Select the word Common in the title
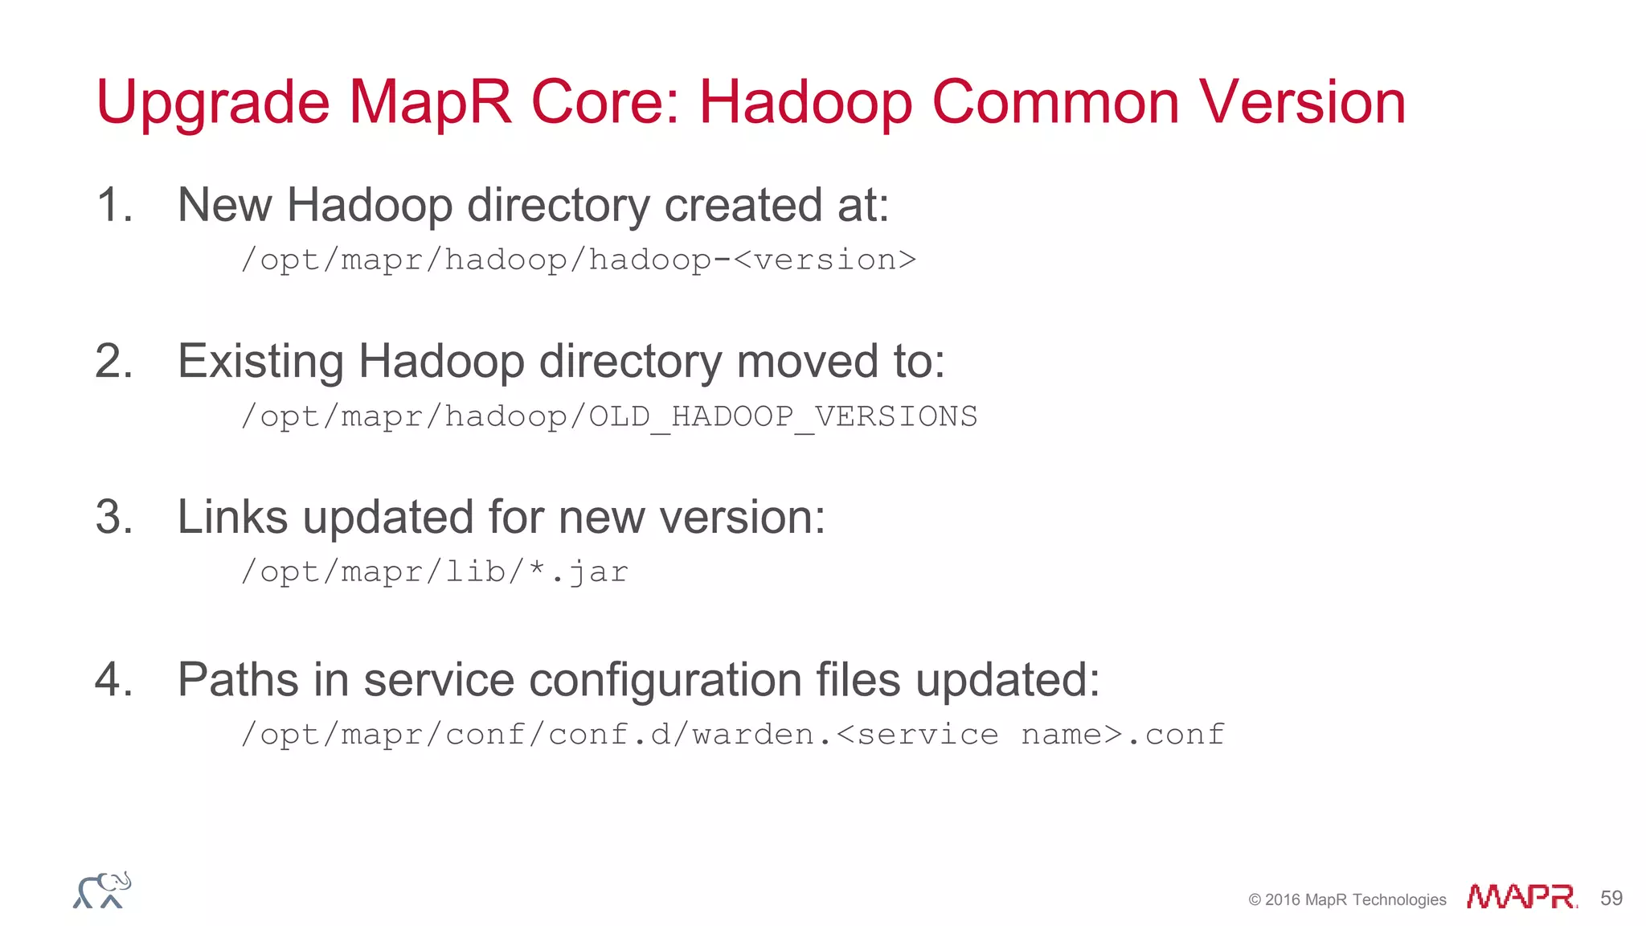pos(1054,103)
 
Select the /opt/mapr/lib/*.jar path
pos(435,572)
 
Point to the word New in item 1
pos(224,205)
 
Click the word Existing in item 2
pos(260,361)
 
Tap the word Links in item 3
pos(232,517)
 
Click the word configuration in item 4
pos(665,680)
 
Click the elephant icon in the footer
pos(102,890)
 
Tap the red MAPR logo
pos(1521,896)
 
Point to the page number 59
pos(1611,898)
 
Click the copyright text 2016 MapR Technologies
pos(1347,899)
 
